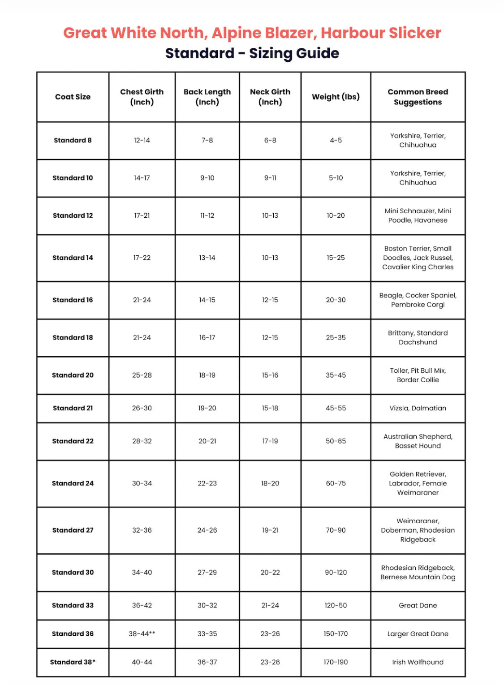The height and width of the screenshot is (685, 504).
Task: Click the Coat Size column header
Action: (73, 97)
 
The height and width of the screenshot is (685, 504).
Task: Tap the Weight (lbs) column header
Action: (336, 97)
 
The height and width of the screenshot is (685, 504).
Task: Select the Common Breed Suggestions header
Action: (418, 97)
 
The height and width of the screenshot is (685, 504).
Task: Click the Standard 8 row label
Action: (73, 140)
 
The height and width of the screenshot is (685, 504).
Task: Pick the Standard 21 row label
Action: (73, 408)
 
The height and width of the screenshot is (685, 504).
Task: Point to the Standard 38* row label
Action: (73, 662)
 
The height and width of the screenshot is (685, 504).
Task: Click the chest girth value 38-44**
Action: (142, 633)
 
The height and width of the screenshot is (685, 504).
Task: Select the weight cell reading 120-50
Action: (336, 605)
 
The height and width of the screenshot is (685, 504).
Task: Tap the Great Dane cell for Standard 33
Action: (418, 605)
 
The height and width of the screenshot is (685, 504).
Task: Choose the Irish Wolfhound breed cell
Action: (418, 662)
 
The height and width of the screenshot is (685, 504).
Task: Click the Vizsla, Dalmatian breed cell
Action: (418, 408)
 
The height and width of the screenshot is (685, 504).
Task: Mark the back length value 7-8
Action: (207, 140)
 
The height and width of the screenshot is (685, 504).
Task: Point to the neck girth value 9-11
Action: (270, 178)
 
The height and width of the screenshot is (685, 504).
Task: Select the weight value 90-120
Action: (336, 572)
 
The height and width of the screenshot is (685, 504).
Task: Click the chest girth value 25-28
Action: (142, 375)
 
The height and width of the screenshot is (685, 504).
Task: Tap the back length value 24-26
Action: (207, 530)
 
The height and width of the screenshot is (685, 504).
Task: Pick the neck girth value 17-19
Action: (270, 441)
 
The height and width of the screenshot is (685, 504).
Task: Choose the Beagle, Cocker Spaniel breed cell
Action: (418, 300)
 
